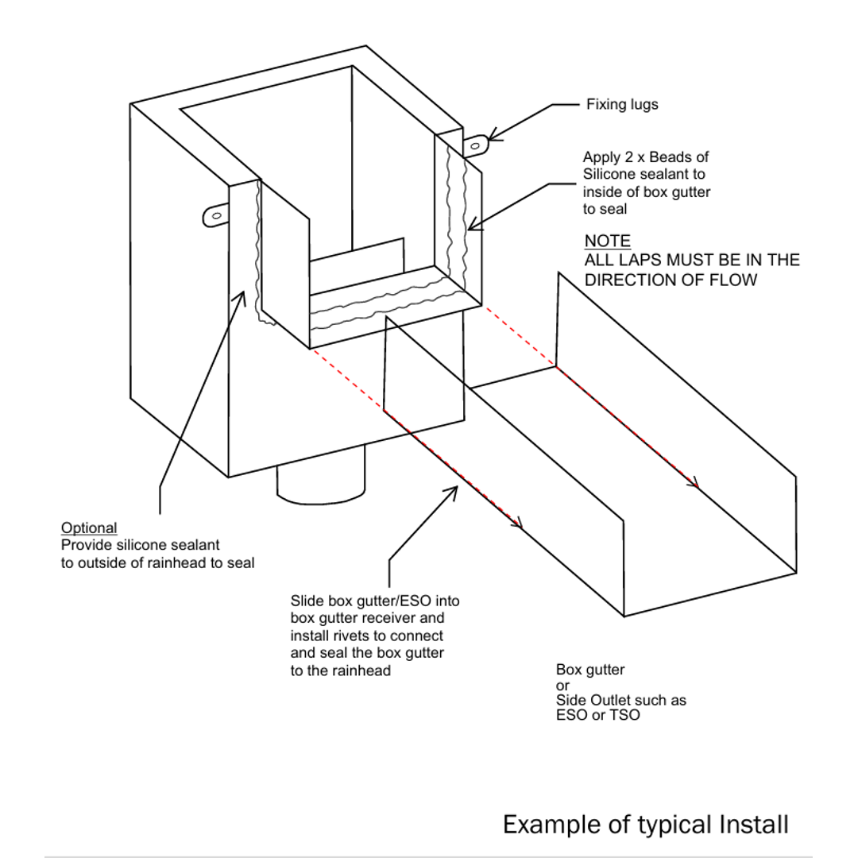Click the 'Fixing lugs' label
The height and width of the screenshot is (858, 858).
622,104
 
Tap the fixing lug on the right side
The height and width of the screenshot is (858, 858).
475,145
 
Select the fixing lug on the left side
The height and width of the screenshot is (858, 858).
215,214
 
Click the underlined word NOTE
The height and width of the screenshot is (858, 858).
608,242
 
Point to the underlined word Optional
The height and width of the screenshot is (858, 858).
89,528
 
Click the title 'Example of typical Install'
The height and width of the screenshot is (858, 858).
645,824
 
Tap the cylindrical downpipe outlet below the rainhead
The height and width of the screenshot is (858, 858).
320,485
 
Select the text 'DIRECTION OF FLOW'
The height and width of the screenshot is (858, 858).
671,280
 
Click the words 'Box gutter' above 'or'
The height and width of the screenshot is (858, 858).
590,671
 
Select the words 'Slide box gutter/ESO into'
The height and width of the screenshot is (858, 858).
375,601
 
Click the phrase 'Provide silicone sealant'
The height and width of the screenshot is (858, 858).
140,545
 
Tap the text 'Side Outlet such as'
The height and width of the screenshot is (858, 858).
620,701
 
